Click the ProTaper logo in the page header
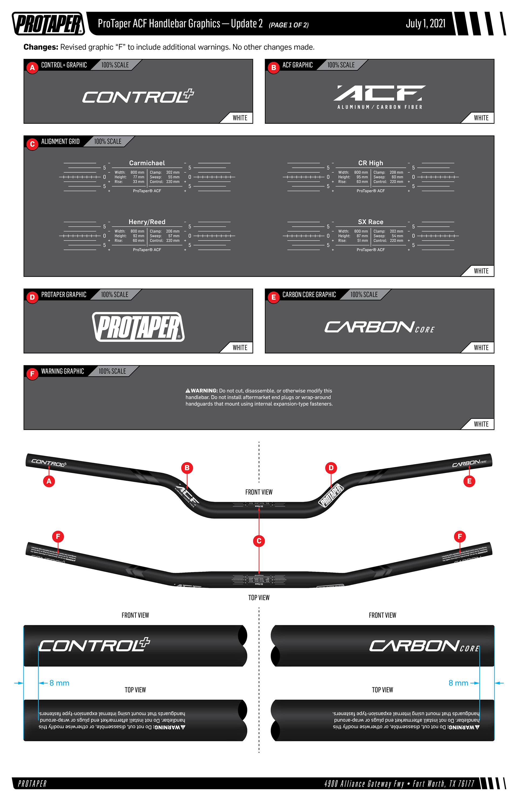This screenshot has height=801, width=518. [x=49, y=23]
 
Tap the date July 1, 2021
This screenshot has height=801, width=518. [x=425, y=23]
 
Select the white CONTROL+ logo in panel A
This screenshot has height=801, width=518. [x=138, y=97]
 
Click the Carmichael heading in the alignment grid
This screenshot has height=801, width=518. [x=147, y=163]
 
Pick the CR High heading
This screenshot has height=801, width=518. [x=370, y=163]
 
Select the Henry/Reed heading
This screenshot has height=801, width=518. [x=147, y=222]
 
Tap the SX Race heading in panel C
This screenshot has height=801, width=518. [x=370, y=222]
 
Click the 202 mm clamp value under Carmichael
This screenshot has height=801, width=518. [x=173, y=172]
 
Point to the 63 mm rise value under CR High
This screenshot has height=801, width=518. [x=362, y=182]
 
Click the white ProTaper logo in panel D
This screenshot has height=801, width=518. [x=138, y=327]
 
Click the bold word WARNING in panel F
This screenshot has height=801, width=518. [x=204, y=391]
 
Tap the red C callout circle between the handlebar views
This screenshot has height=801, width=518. [x=259, y=541]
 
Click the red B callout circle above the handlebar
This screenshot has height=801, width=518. [x=187, y=468]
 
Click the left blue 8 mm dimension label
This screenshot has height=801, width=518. [x=59, y=683]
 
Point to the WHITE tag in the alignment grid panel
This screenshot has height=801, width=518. [x=481, y=271]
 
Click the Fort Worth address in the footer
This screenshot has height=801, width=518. [x=399, y=783]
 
